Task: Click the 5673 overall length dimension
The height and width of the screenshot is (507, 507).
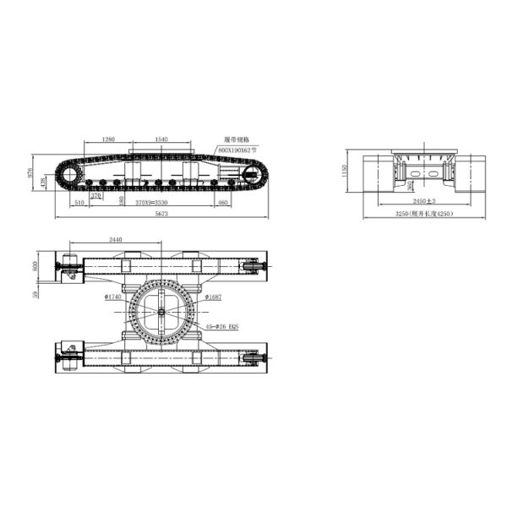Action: point(161,215)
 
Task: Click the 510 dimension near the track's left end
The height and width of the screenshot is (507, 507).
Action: point(78,203)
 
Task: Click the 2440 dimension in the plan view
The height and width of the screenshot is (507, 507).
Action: point(115,240)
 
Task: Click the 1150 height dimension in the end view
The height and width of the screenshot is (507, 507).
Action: point(345,172)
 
